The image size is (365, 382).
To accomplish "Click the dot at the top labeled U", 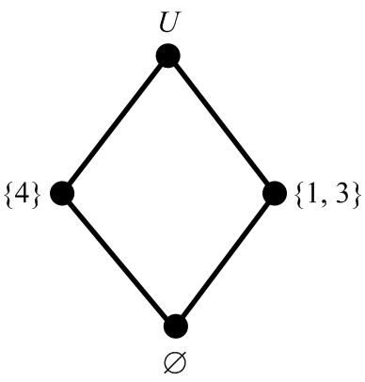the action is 167,56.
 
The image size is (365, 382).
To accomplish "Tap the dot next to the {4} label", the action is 61,194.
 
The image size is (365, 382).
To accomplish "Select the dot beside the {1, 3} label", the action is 274,194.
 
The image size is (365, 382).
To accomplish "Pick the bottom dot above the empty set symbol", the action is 175,326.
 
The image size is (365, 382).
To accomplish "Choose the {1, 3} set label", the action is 325,195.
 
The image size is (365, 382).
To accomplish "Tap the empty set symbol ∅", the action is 175,362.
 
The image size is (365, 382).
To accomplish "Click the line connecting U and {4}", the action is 114,125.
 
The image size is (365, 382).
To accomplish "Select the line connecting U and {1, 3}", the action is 221,125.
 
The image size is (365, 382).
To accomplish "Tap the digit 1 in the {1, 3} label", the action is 309,195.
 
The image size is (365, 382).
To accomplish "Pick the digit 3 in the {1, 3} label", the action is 340,195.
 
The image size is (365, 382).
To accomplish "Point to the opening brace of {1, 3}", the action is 294,195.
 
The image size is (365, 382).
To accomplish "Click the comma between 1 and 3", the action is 321,202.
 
